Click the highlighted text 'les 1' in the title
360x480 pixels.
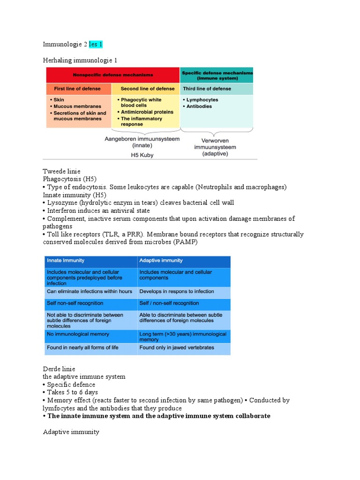(x=96, y=45)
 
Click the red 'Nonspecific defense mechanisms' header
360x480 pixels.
(x=112, y=75)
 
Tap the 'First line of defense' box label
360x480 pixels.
(x=78, y=89)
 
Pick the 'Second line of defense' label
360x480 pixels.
(x=147, y=89)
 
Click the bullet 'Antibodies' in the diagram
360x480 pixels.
(x=199, y=106)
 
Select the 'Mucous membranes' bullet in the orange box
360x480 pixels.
(x=77, y=106)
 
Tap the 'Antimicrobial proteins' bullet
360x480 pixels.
(x=147, y=112)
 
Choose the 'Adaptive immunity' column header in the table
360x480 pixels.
(x=161, y=261)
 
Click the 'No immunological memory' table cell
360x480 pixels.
(x=78, y=334)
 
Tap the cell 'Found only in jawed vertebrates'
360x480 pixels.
(x=176, y=348)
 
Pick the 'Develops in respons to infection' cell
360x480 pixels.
(x=176, y=292)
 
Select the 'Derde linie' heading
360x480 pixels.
(x=59, y=369)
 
